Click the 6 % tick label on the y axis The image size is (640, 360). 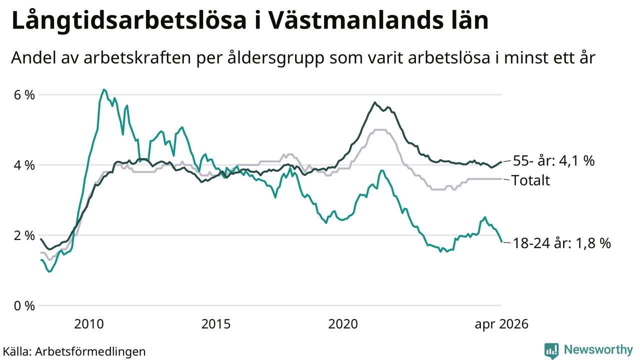pyautogui.click(x=24, y=95)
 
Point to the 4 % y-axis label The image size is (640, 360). pyautogui.click(x=24, y=165)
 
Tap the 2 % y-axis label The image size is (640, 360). pyautogui.click(x=24, y=235)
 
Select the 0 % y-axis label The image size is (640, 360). pyautogui.click(x=24, y=306)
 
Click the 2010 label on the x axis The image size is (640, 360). pyautogui.click(x=89, y=324)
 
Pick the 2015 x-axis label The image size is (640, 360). pyautogui.click(x=215, y=324)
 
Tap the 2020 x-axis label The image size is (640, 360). pyautogui.click(x=343, y=324)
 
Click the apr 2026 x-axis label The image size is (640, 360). pyautogui.click(x=501, y=324)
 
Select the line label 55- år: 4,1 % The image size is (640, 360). pyautogui.click(x=553, y=161)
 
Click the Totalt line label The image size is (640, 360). pyautogui.click(x=530, y=180)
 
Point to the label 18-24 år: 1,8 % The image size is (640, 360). pyautogui.click(x=562, y=243)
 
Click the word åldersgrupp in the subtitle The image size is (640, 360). pyautogui.click(x=276, y=58)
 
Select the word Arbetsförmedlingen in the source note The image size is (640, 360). pyautogui.click(x=90, y=351)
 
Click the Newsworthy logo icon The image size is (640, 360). pyautogui.click(x=551, y=350)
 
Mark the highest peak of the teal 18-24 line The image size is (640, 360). pyautogui.click(x=104, y=89)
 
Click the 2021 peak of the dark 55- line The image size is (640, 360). pyautogui.click(x=375, y=102)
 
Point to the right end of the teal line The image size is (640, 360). pyautogui.click(x=501, y=241)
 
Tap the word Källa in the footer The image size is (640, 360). pyautogui.click(x=16, y=351)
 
